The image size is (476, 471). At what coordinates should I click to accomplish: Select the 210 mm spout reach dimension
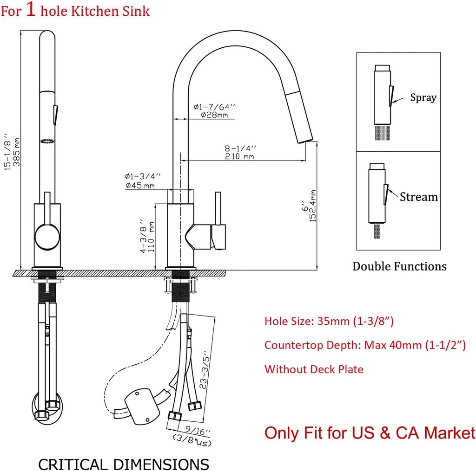(x=239, y=156)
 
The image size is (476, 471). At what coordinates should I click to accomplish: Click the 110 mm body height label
(x=151, y=236)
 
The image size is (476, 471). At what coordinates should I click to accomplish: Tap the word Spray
(x=423, y=97)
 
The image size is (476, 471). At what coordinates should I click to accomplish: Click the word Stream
(x=418, y=197)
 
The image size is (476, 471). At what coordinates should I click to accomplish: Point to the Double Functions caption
(x=399, y=266)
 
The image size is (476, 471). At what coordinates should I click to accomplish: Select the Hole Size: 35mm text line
(x=329, y=321)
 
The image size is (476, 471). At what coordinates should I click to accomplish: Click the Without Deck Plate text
(x=314, y=369)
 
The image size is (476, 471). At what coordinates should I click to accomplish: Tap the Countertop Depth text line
(x=365, y=345)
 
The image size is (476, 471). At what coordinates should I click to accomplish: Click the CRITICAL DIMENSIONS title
(x=124, y=464)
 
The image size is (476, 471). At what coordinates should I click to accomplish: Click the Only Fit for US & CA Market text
(x=370, y=433)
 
